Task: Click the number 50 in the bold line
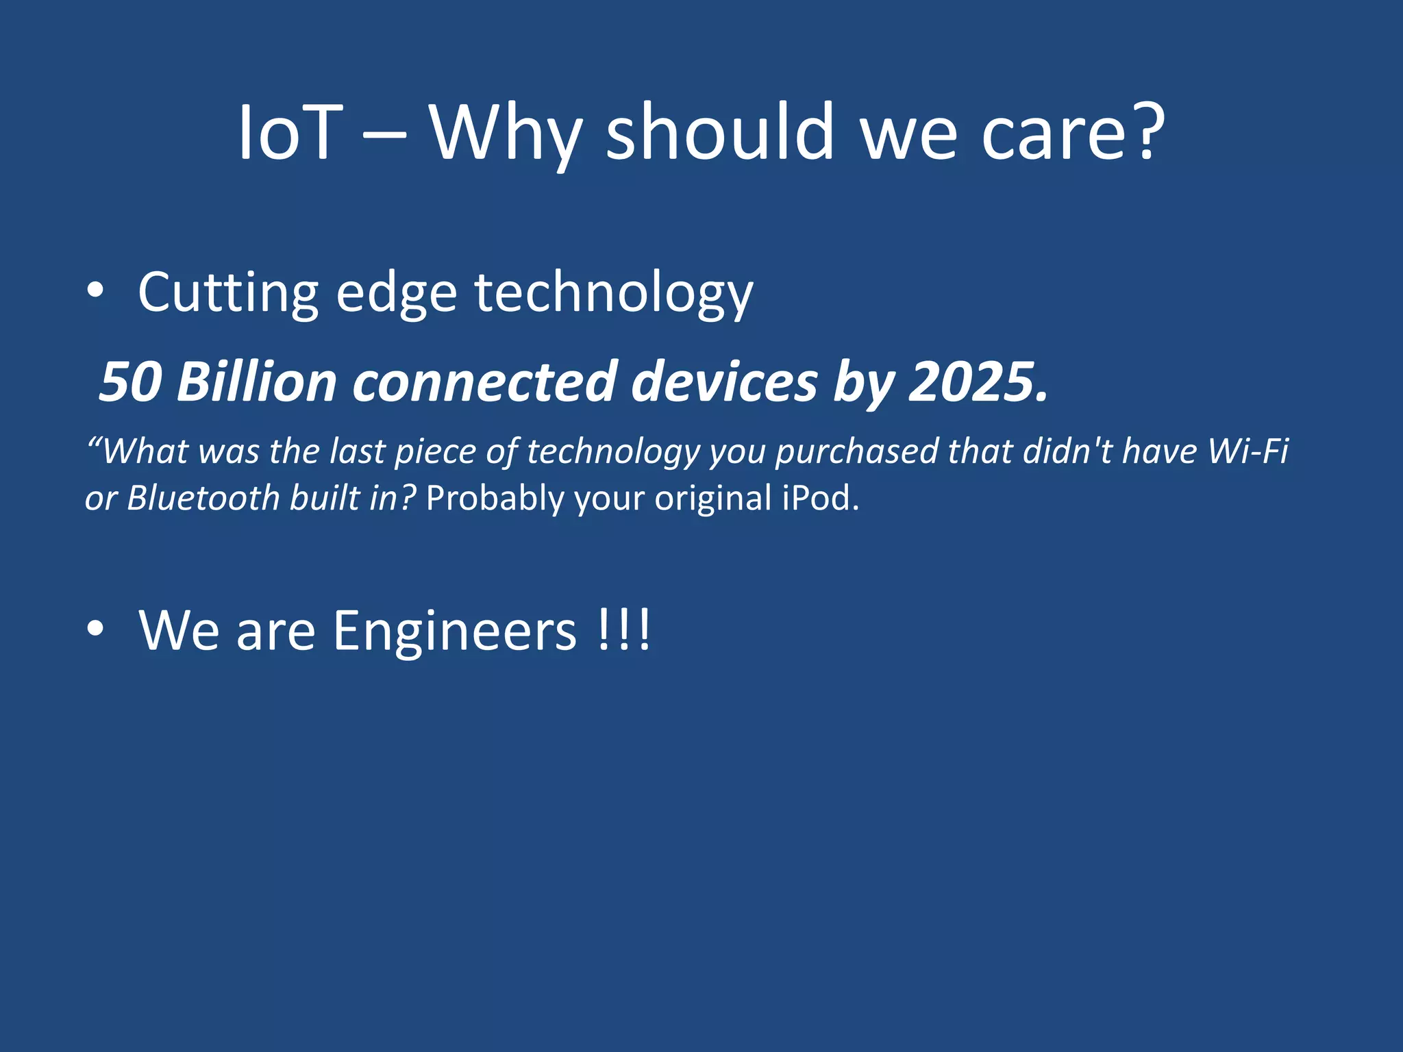(x=131, y=382)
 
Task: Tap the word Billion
(x=256, y=382)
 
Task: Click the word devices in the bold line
(x=723, y=382)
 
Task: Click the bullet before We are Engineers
(x=95, y=629)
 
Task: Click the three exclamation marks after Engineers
(x=623, y=631)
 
